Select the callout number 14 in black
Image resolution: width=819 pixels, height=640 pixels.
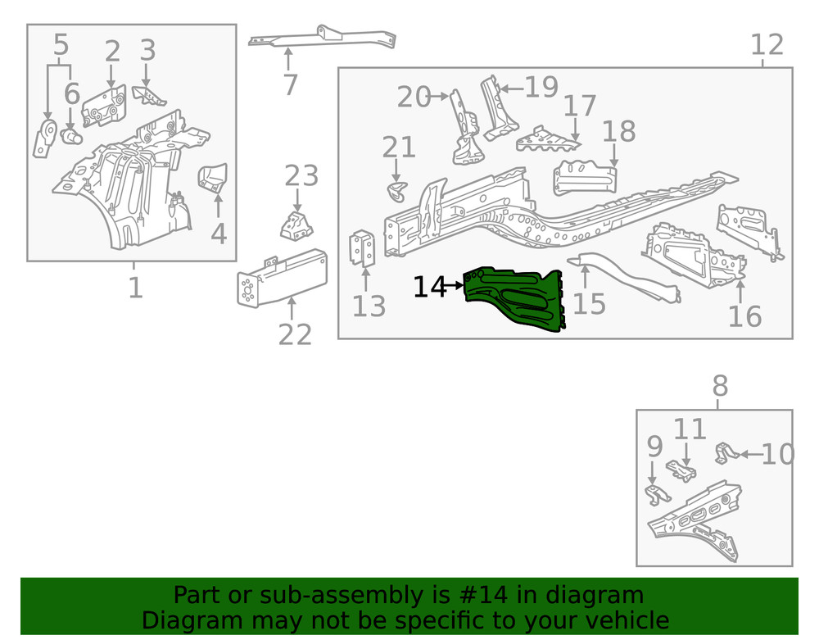coord(431,288)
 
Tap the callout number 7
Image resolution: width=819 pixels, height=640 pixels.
coord(289,84)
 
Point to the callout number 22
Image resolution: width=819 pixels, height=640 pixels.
coord(295,334)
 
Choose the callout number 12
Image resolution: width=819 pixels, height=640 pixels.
coord(767,46)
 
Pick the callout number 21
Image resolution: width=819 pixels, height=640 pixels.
coord(399,148)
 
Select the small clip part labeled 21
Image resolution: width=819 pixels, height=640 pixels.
coord(396,191)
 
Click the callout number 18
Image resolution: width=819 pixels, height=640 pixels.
coord(618,131)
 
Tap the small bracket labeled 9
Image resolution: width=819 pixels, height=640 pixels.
coord(655,493)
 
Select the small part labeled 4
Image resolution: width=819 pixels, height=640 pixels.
coord(215,177)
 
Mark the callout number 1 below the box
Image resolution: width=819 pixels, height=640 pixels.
coord(135,288)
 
